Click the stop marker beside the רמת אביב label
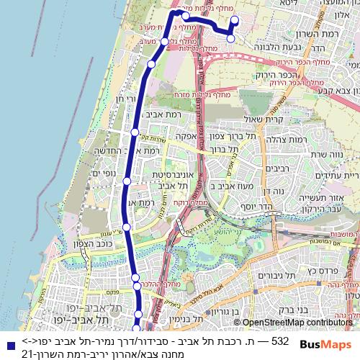coord(135,132)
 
